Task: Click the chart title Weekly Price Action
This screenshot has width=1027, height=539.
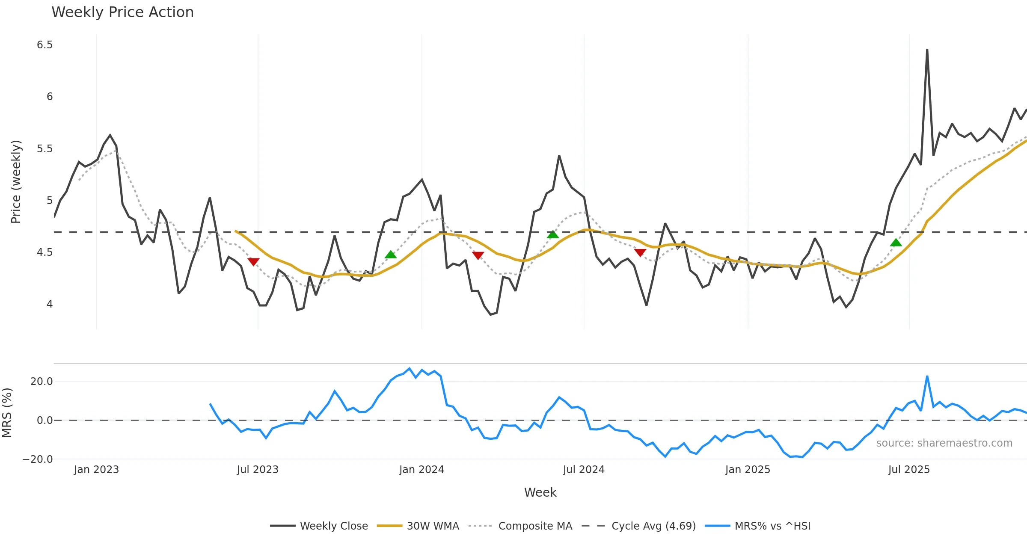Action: (122, 12)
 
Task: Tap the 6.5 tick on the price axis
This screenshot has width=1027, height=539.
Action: (45, 45)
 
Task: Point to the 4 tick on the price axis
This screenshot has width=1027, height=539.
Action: (50, 304)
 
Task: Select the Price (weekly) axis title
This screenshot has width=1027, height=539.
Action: (16, 182)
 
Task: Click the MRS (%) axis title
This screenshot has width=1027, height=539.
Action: (7, 413)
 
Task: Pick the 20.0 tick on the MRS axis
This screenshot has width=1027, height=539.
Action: (42, 382)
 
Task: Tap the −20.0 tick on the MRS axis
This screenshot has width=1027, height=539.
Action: (38, 459)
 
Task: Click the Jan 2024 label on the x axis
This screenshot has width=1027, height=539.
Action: (421, 470)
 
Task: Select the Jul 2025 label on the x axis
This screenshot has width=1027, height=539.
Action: (909, 470)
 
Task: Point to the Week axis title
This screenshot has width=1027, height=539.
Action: (540, 493)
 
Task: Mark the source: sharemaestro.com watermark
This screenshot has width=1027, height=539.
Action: (944, 443)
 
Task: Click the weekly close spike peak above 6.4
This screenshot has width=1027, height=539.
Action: (927, 50)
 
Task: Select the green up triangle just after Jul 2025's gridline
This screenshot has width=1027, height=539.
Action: (896, 243)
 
